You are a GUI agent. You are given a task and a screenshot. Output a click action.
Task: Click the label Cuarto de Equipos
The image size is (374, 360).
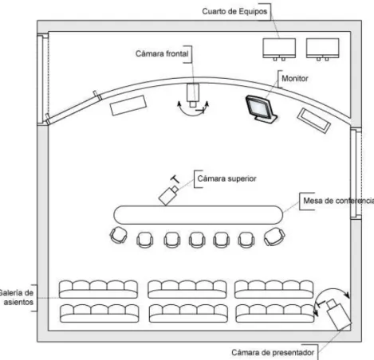(x=234, y=11)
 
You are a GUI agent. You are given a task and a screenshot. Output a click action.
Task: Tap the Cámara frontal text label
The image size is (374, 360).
(x=162, y=53)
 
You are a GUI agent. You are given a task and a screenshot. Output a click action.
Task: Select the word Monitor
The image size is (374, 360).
(x=295, y=78)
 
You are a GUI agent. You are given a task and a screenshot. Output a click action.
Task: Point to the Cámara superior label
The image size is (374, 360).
(x=226, y=178)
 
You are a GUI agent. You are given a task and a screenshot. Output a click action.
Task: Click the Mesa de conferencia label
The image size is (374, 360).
(x=339, y=201)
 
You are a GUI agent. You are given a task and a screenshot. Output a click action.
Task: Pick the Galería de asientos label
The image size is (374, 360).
(x=17, y=297)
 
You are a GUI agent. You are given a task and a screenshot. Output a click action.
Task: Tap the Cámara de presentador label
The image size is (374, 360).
(x=273, y=353)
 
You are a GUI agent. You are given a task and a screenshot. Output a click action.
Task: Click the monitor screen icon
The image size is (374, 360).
(x=261, y=109)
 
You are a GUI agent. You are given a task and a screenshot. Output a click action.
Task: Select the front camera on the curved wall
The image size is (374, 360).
(x=193, y=95)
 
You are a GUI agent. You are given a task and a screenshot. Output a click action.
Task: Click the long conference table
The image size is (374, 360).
(x=198, y=215)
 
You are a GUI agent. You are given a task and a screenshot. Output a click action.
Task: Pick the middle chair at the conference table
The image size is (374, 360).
(x=197, y=240)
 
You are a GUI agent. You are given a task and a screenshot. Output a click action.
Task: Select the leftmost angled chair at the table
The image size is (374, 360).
(x=119, y=235)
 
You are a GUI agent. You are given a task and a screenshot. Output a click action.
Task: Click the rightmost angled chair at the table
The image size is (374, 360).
(x=274, y=237)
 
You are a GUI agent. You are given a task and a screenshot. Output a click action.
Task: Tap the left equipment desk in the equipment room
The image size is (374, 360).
(x=279, y=49)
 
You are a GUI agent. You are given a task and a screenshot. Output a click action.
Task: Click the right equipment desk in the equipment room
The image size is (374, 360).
(x=322, y=49)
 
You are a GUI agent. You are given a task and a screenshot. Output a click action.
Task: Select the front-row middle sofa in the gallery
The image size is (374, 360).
(x=187, y=289)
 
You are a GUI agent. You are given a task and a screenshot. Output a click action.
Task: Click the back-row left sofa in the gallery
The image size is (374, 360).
(x=100, y=313)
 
